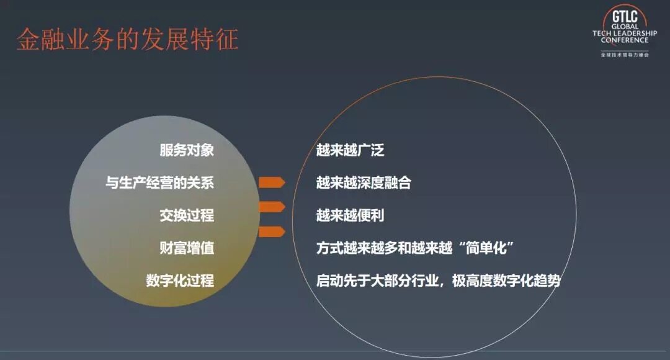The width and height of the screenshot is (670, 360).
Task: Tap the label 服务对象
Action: click(187, 150)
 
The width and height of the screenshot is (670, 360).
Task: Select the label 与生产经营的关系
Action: click(159, 183)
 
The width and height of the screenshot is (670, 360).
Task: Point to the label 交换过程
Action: click(187, 215)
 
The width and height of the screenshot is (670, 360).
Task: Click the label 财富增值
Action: click(187, 248)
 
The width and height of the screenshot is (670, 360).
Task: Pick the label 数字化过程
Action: click(180, 281)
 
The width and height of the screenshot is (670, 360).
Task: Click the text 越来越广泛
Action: click(350, 150)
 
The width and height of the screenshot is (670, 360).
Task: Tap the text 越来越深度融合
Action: click(364, 183)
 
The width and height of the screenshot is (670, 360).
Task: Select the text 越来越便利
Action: click(350, 215)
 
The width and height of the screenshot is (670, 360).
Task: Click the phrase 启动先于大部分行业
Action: click(377, 281)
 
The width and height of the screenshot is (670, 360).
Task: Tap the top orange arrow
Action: click(272, 182)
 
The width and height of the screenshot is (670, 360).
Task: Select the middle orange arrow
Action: click(272, 207)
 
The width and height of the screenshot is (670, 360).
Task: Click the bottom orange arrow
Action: click(272, 232)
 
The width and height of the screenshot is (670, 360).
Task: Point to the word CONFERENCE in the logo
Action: click(624, 40)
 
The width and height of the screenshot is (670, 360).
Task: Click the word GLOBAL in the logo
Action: click(624, 26)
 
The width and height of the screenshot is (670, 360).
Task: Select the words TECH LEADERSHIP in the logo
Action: click(624, 33)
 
